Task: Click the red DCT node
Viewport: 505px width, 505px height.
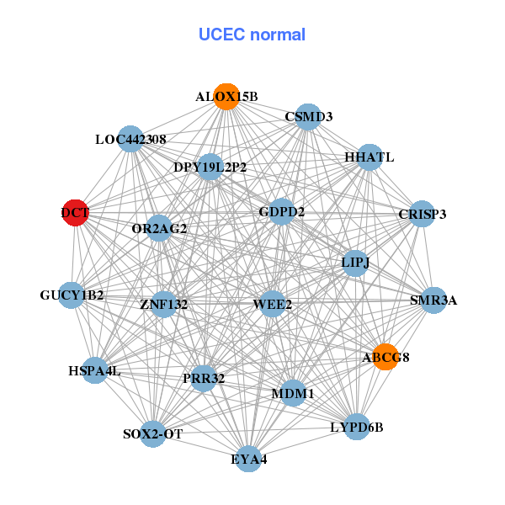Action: coord(76,213)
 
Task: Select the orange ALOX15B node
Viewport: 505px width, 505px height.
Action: coord(226,97)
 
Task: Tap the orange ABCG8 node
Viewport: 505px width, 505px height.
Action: coord(385,357)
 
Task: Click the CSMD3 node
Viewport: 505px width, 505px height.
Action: coord(309,117)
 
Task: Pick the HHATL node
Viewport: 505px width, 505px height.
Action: coord(369,157)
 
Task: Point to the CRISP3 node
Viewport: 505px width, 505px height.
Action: coord(422,215)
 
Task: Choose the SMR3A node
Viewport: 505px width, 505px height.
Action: coord(433,300)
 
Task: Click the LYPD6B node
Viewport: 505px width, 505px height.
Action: coord(357,427)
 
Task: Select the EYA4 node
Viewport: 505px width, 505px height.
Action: coord(248,459)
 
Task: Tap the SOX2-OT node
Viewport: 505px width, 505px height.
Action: coord(152,434)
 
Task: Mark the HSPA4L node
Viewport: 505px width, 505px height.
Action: coord(94,370)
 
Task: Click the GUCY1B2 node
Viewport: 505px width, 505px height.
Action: coord(72,295)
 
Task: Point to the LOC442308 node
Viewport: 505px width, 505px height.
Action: coord(130,139)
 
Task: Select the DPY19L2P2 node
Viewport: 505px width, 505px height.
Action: coord(210,167)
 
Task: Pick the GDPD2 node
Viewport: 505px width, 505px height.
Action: coord(282,211)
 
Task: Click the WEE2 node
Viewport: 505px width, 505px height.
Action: coord(272,304)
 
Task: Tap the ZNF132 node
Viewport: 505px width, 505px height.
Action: coord(164,304)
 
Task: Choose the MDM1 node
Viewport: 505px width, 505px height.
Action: coord(293,393)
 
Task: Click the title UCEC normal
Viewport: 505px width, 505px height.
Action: coord(252,35)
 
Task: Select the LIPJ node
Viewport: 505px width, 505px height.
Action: coord(355,263)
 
